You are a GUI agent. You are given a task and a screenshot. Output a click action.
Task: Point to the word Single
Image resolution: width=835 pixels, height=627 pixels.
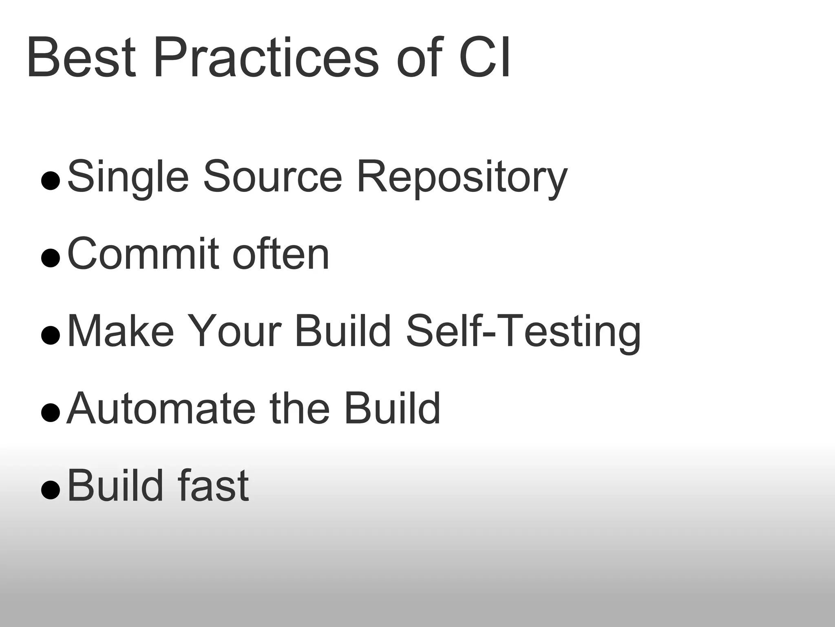tap(128, 177)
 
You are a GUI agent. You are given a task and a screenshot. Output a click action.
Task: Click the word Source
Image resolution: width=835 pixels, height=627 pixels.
tap(272, 176)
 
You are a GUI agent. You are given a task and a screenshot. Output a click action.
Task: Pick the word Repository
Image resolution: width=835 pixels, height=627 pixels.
tap(462, 177)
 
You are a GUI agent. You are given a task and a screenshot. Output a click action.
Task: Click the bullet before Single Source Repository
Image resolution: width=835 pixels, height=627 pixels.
tap(51, 181)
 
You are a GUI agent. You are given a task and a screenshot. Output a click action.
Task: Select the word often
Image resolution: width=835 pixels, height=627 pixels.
tap(281, 254)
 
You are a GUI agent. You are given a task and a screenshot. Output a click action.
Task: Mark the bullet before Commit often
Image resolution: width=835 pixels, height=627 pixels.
tap(51, 258)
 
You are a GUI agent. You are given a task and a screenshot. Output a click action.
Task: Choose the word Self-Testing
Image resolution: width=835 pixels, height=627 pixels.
tap(523, 332)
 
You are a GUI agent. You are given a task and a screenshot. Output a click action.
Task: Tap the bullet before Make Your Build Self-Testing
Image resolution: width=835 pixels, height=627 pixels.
tap(51, 336)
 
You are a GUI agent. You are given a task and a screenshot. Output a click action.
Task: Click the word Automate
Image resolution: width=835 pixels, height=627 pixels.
tap(161, 409)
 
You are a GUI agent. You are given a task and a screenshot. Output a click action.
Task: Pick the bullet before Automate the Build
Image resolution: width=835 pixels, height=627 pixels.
tap(51, 413)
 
